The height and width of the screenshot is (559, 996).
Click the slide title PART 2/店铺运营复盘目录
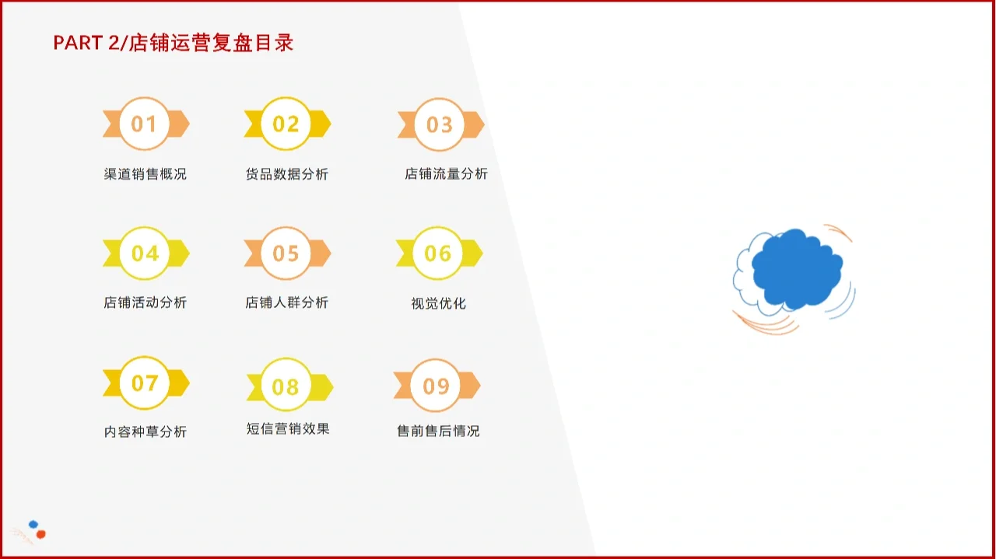click(x=173, y=43)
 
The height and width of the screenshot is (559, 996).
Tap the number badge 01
click(x=145, y=124)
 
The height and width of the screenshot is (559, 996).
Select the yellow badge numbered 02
click(x=286, y=124)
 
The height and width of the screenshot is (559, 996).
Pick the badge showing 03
click(x=440, y=124)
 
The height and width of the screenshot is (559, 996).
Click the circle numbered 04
click(x=145, y=253)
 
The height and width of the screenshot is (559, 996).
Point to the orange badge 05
click(x=286, y=253)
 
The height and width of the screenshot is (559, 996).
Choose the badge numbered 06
click(x=438, y=253)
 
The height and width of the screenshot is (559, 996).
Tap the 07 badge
click(x=145, y=383)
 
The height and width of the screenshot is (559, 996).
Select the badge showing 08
click(x=286, y=386)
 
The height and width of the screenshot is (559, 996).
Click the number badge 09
click(x=436, y=386)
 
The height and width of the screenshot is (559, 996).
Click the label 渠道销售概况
click(x=146, y=174)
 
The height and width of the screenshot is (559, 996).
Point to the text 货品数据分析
click(x=286, y=174)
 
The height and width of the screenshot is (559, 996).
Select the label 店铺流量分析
click(x=446, y=174)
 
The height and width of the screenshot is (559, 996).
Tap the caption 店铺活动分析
click(x=146, y=302)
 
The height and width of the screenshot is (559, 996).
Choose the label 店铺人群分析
click(x=286, y=302)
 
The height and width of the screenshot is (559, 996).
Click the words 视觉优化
click(x=438, y=303)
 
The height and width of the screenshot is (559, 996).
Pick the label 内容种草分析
click(x=146, y=431)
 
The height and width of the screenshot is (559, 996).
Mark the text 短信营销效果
click(x=288, y=428)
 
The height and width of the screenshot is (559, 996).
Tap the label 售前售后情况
click(x=438, y=431)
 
